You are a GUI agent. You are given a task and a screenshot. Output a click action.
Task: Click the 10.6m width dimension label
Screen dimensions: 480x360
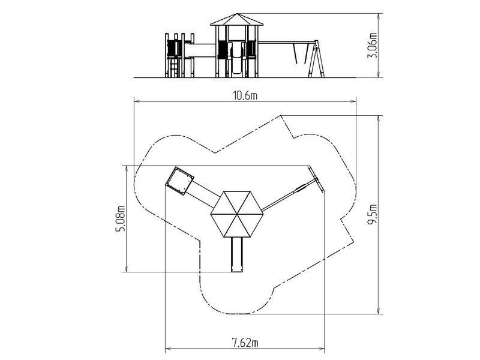[x=245, y=96]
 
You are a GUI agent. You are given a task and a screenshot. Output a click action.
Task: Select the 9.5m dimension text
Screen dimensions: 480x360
[x=372, y=214]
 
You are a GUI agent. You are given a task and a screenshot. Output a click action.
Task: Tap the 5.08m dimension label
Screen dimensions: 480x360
[x=121, y=219]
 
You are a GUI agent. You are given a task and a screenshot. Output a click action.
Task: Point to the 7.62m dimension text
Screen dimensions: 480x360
[x=245, y=343]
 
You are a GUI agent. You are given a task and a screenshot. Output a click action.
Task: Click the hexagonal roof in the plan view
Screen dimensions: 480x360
[x=236, y=214]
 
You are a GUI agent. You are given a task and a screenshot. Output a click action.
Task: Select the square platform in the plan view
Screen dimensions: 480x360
[x=179, y=181]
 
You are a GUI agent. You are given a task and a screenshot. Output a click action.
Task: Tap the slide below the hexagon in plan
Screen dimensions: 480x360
[x=236, y=254]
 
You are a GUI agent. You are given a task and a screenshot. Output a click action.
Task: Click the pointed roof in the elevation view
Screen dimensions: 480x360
[x=236, y=20]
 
